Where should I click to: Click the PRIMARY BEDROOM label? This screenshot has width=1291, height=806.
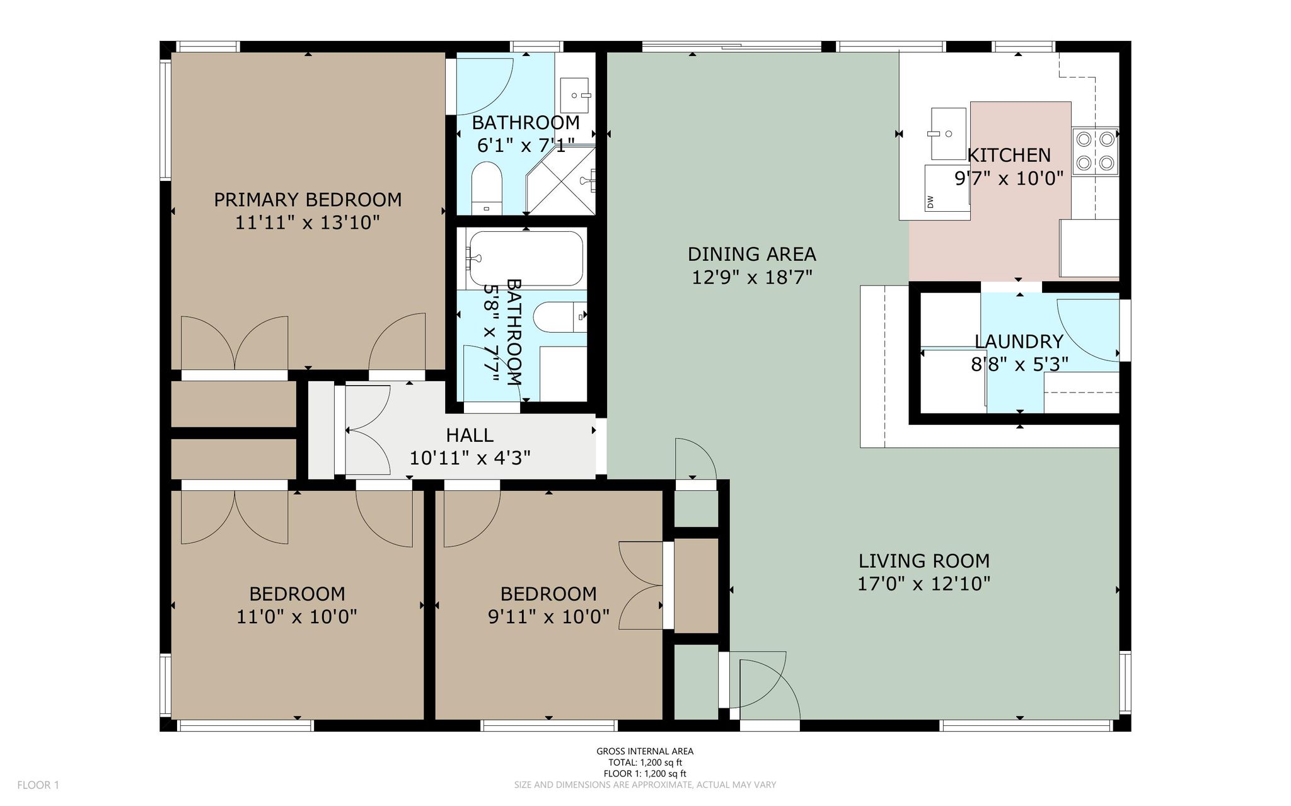click(308, 200)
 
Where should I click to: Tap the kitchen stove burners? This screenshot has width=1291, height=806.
click(1094, 151)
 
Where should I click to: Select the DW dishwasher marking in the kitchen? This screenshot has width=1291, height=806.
click(930, 202)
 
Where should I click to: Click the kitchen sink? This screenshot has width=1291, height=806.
click(948, 134)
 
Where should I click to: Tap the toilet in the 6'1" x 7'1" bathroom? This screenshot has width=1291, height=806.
click(486, 188)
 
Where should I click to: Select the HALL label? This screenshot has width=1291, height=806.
click(470, 435)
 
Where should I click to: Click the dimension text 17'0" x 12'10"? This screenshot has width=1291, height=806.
click(923, 584)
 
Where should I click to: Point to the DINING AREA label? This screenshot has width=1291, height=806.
click(751, 255)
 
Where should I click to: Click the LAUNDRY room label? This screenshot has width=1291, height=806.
click(1019, 342)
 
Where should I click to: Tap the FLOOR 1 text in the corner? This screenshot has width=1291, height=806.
click(38, 785)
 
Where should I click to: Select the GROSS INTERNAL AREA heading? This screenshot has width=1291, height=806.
click(645, 751)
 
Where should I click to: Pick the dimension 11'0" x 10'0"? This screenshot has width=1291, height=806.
click(297, 617)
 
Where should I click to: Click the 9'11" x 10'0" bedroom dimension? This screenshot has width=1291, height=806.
click(548, 617)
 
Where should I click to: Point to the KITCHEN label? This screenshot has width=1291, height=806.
click(1009, 156)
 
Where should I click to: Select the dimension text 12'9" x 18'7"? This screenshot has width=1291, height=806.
click(751, 278)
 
